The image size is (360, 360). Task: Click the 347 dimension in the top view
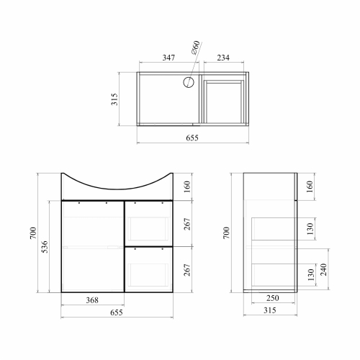tap(168, 58)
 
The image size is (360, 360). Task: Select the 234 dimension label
tap(223, 58)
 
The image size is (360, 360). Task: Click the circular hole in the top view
tap(189, 82)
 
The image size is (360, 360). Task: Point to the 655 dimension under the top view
tap(192, 138)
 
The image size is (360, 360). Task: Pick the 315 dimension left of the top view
tap(114, 99)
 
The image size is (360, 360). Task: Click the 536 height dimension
tap(45, 246)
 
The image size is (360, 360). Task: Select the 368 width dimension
tap(92, 300)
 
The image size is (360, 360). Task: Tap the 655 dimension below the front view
tap(117, 312)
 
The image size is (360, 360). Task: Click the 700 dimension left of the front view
tap(33, 233)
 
